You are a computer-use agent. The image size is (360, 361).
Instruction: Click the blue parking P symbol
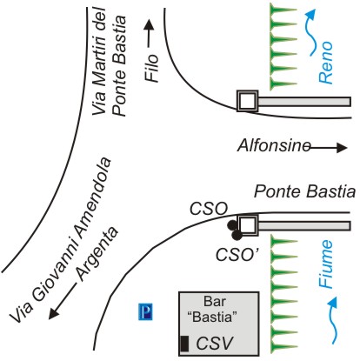click(x=145, y=311)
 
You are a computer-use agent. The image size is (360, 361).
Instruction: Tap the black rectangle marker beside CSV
click(x=184, y=344)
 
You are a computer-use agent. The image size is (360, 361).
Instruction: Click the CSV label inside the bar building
click(x=215, y=344)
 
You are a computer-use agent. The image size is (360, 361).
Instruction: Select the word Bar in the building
click(x=215, y=301)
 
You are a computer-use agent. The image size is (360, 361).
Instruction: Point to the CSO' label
click(x=237, y=255)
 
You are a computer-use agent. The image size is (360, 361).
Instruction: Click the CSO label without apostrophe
click(x=209, y=209)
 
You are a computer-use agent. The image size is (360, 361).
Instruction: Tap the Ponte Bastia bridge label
click(x=304, y=192)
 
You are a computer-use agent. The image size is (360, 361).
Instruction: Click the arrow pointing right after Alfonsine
click(x=329, y=148)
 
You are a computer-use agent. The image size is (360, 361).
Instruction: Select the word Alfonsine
click(x=274, y=145)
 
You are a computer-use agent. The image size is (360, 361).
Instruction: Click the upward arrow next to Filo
click(x=150, y=34)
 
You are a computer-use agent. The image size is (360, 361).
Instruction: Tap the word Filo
click(x=152, y=68)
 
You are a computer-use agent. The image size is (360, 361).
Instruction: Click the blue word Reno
click(x=325, y=63)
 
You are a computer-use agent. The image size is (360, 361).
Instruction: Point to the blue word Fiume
click(x=325, y=264)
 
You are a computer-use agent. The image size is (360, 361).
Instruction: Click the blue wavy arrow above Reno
click(x=310, y=31)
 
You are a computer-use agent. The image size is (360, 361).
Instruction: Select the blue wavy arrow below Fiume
click(x=333, y=320)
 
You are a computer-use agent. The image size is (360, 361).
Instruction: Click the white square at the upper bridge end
click(x=247, y=101)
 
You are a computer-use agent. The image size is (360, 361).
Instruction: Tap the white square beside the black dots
click(x=247, y=225)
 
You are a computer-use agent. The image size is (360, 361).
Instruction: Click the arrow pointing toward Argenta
click(x=63, y=301)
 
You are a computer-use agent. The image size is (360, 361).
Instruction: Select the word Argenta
click(x=97, y=254)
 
